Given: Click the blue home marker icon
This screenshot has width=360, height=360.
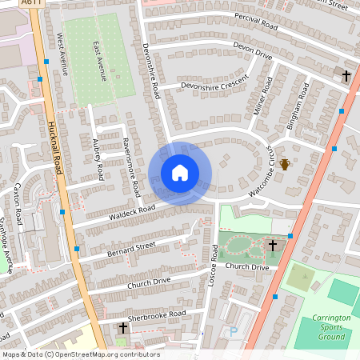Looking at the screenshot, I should tap(180, 173).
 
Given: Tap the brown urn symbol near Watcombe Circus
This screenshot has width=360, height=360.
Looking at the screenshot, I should tap(285, 165).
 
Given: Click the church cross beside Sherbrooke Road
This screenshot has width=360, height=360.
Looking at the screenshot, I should tap(123, 328).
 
